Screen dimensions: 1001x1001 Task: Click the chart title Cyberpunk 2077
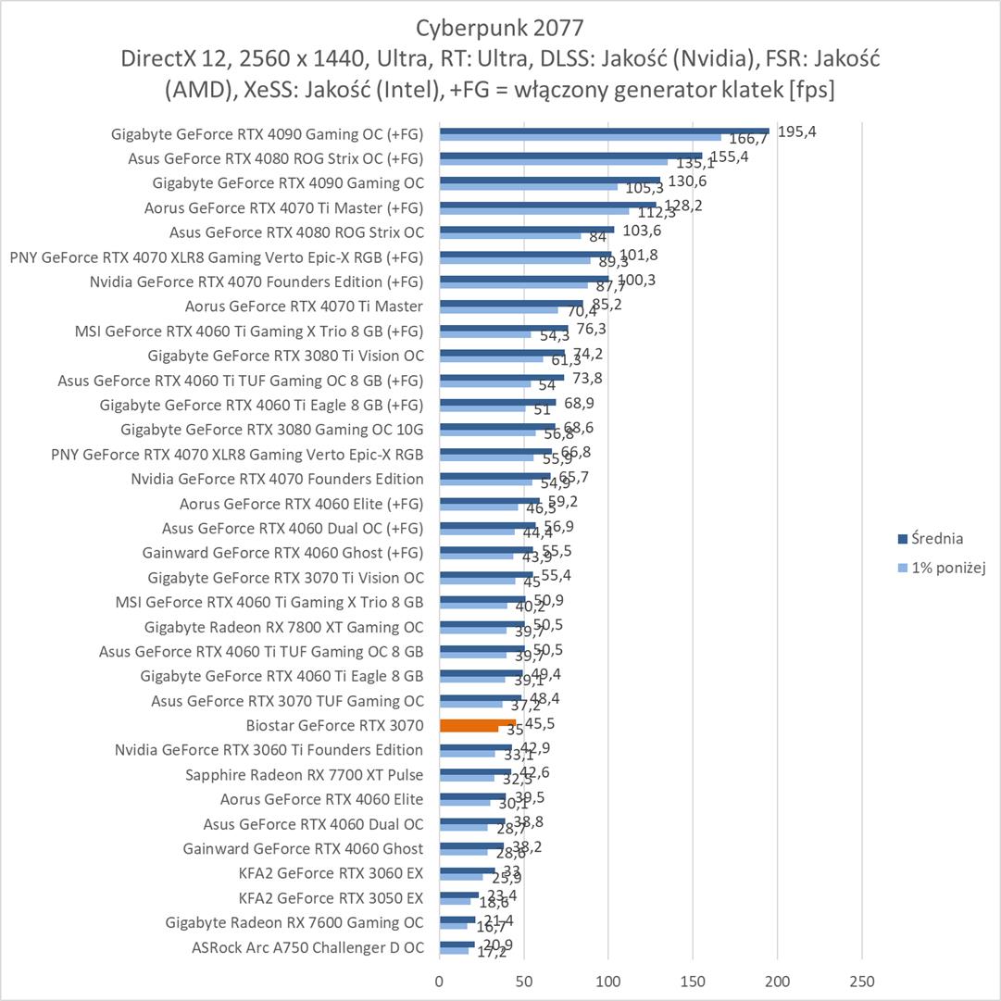click(500, 25)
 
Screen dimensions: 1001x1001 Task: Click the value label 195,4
click(796, 131)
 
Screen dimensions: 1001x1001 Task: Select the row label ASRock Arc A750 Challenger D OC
click(307, 947)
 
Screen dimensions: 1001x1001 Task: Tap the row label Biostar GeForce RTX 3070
click(334, 725)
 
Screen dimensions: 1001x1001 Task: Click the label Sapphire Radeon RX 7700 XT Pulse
click(304, 774)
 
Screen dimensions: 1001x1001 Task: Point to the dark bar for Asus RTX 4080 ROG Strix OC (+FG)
click(570, 156)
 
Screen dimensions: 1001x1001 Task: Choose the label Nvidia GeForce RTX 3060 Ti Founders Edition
click(269, 750)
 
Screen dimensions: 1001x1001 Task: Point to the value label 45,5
click(540, 723)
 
